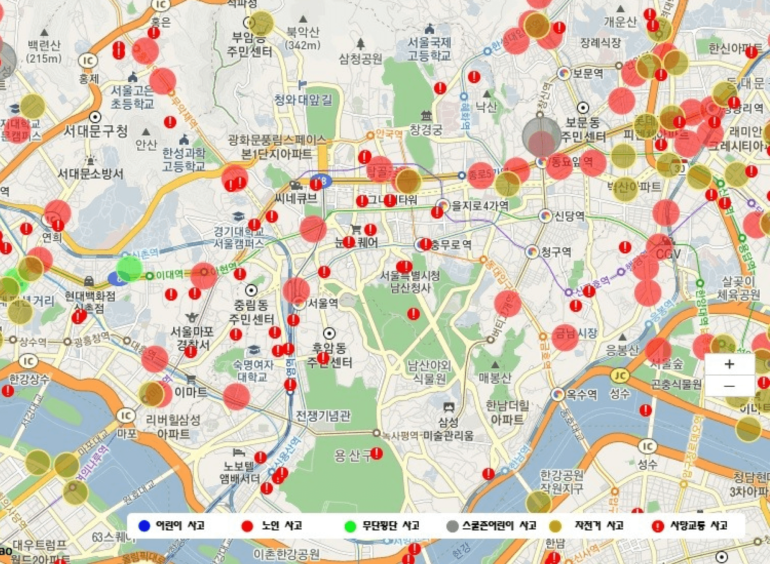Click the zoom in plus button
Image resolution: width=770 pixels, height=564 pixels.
(x=729, y=364)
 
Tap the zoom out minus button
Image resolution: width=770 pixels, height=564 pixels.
(x=729, y=386)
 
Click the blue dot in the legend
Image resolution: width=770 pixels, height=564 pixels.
(x=145, y=526)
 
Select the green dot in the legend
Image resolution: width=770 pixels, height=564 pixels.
(x=350, y=526)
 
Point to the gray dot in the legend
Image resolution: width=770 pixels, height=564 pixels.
(x=452, y=526)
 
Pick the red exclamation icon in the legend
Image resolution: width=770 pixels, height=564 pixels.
(x=657, y=526)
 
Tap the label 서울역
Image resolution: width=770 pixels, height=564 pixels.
(x=323, y=303)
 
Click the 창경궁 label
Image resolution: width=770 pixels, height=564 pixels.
(x=426, y=129)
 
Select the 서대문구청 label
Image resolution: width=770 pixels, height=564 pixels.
(x=96, y=131)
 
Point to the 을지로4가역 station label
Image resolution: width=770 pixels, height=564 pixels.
(x=480, y=206)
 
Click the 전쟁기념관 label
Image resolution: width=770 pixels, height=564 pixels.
(x=323, y=415)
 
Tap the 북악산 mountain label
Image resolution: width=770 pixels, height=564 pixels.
(x=303, y=32)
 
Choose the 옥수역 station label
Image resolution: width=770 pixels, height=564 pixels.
(x=581, y=394)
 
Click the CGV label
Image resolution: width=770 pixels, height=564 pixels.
(x=668, y=254)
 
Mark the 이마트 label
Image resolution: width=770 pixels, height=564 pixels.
(x=191, y=392)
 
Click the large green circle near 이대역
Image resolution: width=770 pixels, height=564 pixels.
(x=129, y=269)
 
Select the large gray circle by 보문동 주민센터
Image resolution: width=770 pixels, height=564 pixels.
(x=542, y=137)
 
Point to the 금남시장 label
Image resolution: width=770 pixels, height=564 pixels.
(x=575, y=333)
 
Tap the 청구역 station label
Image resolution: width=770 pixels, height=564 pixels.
(x=556, y=252)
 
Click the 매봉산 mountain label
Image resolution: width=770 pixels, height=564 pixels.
(x=495, y=378)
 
